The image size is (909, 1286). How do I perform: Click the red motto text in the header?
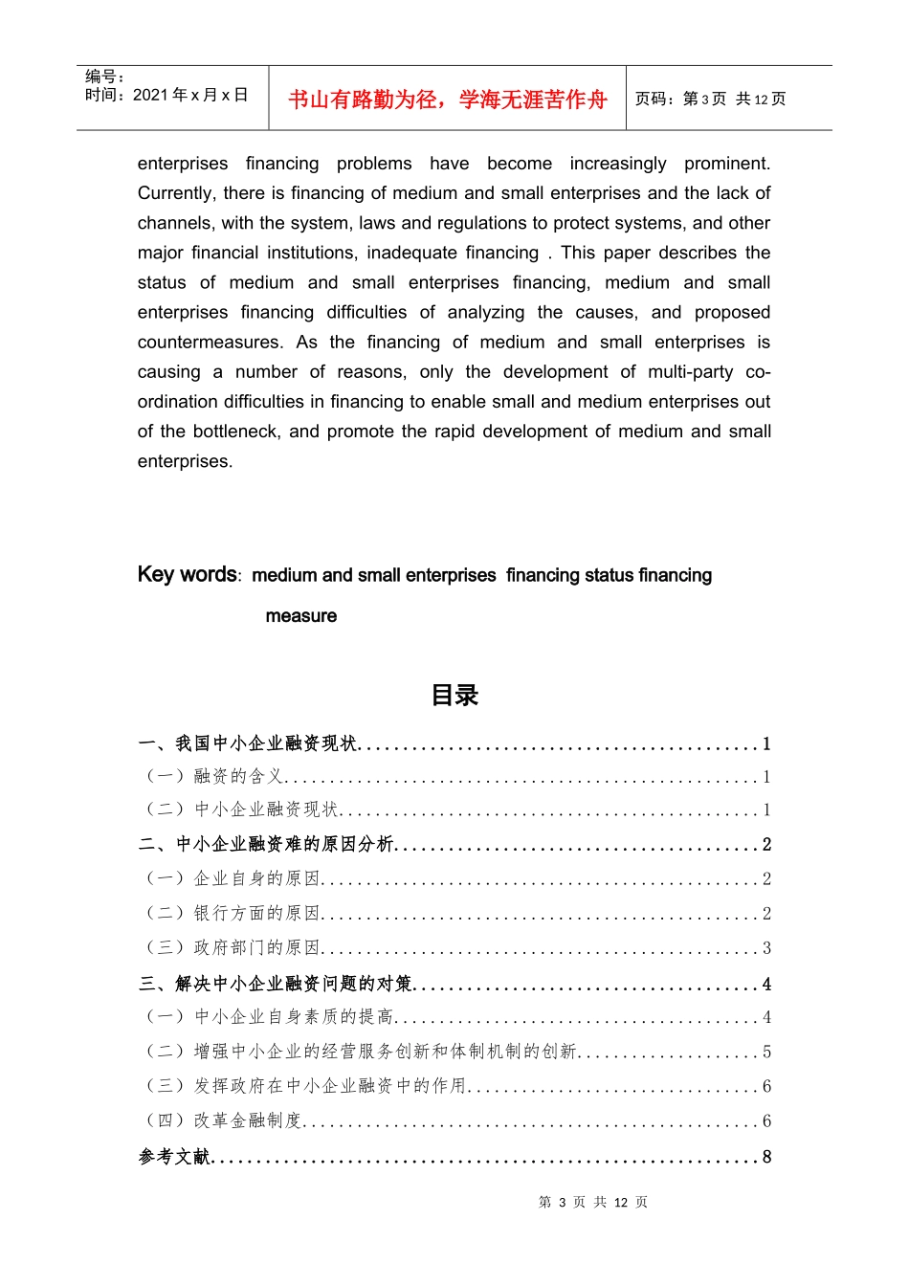point(447,100)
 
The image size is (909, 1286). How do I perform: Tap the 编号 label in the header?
point(104,77)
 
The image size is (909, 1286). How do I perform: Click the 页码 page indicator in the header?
point(710,99)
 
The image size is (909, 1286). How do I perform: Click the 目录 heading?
point(454,696)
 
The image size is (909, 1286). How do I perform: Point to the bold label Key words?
point(187,574)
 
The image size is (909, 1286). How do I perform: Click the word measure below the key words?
point(300,616)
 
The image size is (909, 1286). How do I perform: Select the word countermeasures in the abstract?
point(210,343)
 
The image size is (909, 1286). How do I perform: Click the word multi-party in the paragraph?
point(690,372)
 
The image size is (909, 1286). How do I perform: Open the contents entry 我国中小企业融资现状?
point(266,743)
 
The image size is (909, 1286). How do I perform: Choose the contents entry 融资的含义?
point(238,776)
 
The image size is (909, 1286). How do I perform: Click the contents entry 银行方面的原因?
point(256,914)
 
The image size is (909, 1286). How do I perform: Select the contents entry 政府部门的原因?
point(256,947)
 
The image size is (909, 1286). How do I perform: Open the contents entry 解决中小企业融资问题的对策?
point(294,984)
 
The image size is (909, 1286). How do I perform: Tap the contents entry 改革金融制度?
point(247,1120)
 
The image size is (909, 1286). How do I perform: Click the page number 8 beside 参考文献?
point(766,1157)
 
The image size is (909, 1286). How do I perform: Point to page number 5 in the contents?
point(766,1052)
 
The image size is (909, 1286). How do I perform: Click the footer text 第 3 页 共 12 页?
point(592,1202)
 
